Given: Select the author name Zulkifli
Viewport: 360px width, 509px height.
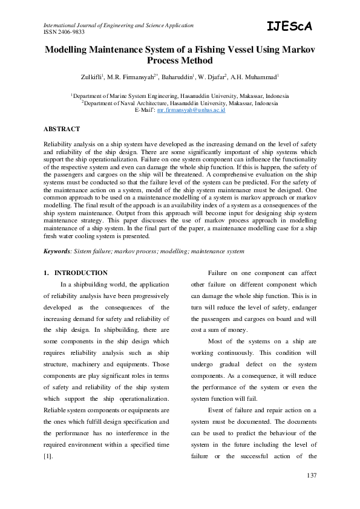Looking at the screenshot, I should pyautogui.click(x=93, y=77).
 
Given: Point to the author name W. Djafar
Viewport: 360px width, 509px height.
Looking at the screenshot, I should pyautogui.click(x=224, y=77).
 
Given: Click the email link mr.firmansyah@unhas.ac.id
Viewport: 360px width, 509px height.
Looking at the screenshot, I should pyautogui.click(x=191, y=111).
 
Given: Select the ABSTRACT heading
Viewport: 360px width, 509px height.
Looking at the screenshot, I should pyautogui.click(x=62, y=129).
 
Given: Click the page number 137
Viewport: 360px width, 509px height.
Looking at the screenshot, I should pyautogui.click(x=311, y=476).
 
